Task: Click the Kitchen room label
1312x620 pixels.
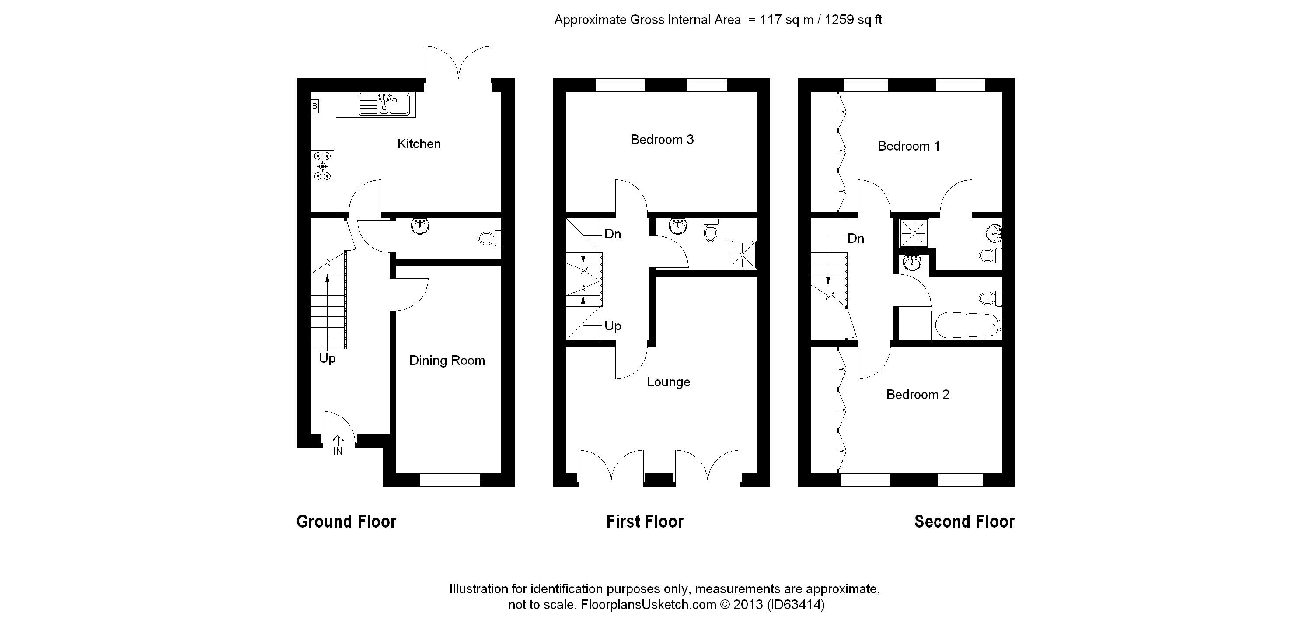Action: [419, 144]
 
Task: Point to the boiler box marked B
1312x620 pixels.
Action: [315, 106]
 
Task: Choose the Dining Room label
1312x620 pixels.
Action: [447, 361]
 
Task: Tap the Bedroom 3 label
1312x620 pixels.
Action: [662, 140]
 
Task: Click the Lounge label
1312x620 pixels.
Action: [668, 382]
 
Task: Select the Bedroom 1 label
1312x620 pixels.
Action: [908, 146]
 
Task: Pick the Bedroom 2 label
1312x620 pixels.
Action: [917, 395]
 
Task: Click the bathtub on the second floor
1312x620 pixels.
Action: [967, 325]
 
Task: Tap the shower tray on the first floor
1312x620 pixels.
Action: [742, 255]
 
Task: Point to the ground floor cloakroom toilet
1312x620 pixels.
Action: [489, 238]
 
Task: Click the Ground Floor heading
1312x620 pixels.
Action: [346, 522]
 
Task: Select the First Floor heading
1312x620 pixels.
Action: [645, 522]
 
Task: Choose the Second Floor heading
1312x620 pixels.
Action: [964, 522]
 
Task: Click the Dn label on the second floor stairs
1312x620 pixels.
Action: [856, 238]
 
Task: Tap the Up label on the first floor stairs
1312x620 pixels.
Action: [613, 326]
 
